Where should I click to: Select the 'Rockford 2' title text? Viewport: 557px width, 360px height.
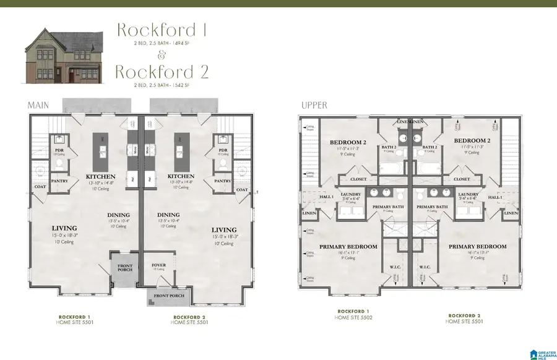(x=162, y=71)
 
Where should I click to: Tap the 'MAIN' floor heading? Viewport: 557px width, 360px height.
(x=38, y=106)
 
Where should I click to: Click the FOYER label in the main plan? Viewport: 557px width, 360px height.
(x=159, y=265)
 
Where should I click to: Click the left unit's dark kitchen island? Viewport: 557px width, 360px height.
(x=100, y=152)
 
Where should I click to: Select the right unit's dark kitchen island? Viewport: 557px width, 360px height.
(x=181, y=152)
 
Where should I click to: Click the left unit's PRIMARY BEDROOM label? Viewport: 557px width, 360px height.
(x=348, y=246)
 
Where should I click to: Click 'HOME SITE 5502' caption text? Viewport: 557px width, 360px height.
(x=354, y=317)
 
